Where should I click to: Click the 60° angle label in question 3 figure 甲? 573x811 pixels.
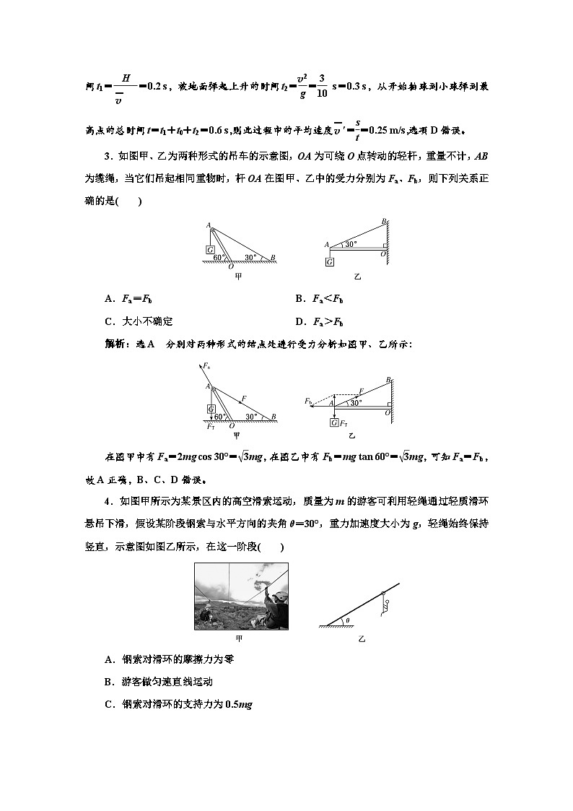[218, 256]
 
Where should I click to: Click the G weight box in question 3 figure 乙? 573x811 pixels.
[329, 261]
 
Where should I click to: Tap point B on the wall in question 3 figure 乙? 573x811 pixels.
[384, 222]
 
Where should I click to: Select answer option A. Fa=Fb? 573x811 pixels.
[130, 299]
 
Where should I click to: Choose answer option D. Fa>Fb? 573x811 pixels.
[319, 321]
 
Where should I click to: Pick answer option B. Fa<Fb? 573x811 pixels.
[319, 299]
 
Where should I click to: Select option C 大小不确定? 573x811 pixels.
[139, 321]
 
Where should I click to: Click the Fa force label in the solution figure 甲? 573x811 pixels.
[207, 367]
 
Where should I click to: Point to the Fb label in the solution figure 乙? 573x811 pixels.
[308, 400]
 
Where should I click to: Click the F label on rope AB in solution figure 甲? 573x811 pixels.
[244, 398]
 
